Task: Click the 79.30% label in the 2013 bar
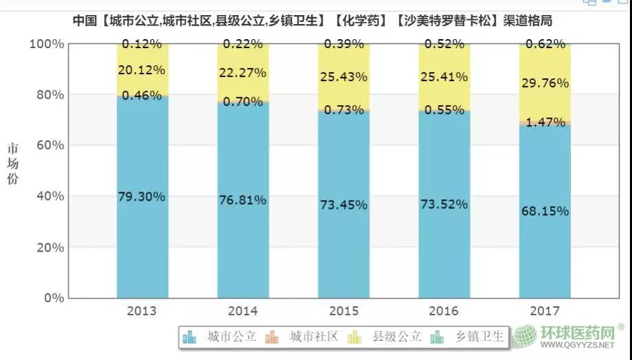(142, 197)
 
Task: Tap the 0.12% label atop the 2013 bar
(142, 44)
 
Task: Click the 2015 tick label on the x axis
(343, 311)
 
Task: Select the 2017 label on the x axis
(545, 311)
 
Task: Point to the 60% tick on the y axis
(47, 146)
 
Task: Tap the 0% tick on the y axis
(52, 298)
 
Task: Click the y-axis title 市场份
(14, 164)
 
